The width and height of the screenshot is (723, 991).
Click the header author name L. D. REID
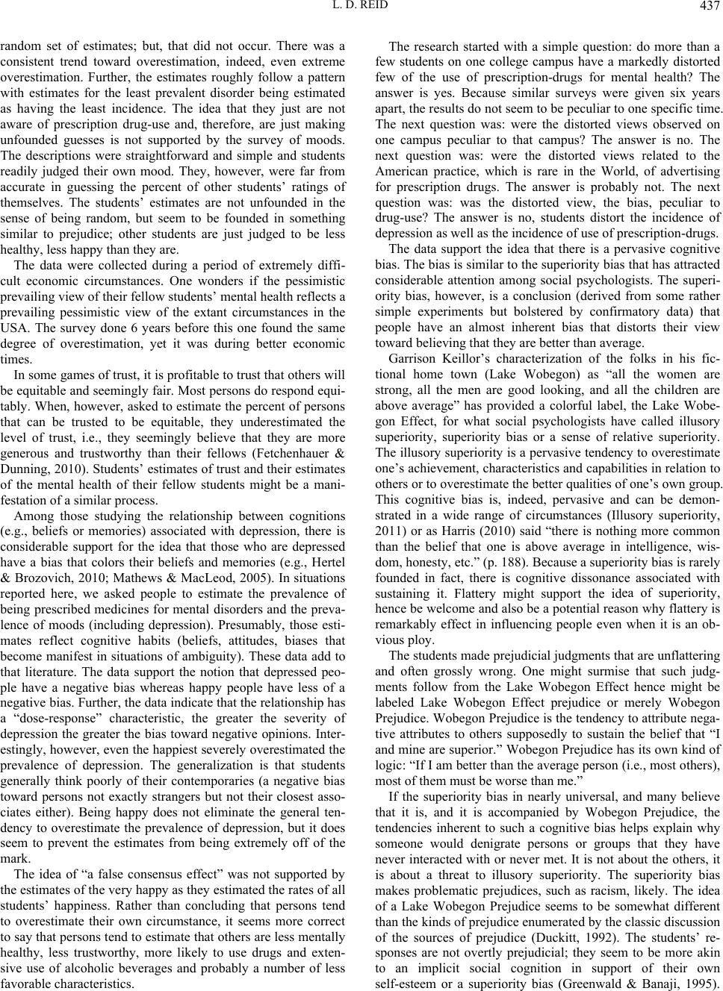coord(361,9)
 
